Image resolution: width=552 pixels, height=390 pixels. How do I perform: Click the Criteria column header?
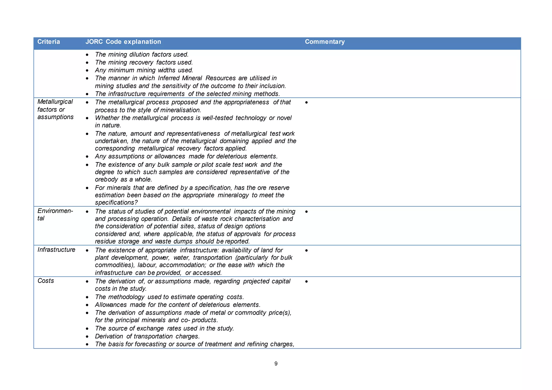pos(49,42)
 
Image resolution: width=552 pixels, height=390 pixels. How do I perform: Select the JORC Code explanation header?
pos(123,42)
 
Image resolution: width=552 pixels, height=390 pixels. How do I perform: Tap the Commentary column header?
pos(325,42)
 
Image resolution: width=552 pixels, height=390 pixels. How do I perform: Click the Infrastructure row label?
pos(56,250)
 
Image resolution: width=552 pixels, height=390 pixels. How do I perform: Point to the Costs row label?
pos(46,281)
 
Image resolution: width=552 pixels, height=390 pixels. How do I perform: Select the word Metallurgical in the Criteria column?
pos(55,102)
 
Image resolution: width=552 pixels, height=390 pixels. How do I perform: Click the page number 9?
pos(276,364)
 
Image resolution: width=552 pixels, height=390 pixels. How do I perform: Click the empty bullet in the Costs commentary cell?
pos(306,281)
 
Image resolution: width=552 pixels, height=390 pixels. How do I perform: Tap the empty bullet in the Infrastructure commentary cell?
pos(306,250)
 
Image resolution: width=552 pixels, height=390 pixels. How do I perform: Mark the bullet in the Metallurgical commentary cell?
pos(306,103)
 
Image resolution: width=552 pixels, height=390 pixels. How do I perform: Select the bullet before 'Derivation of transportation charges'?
pos(87,337)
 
